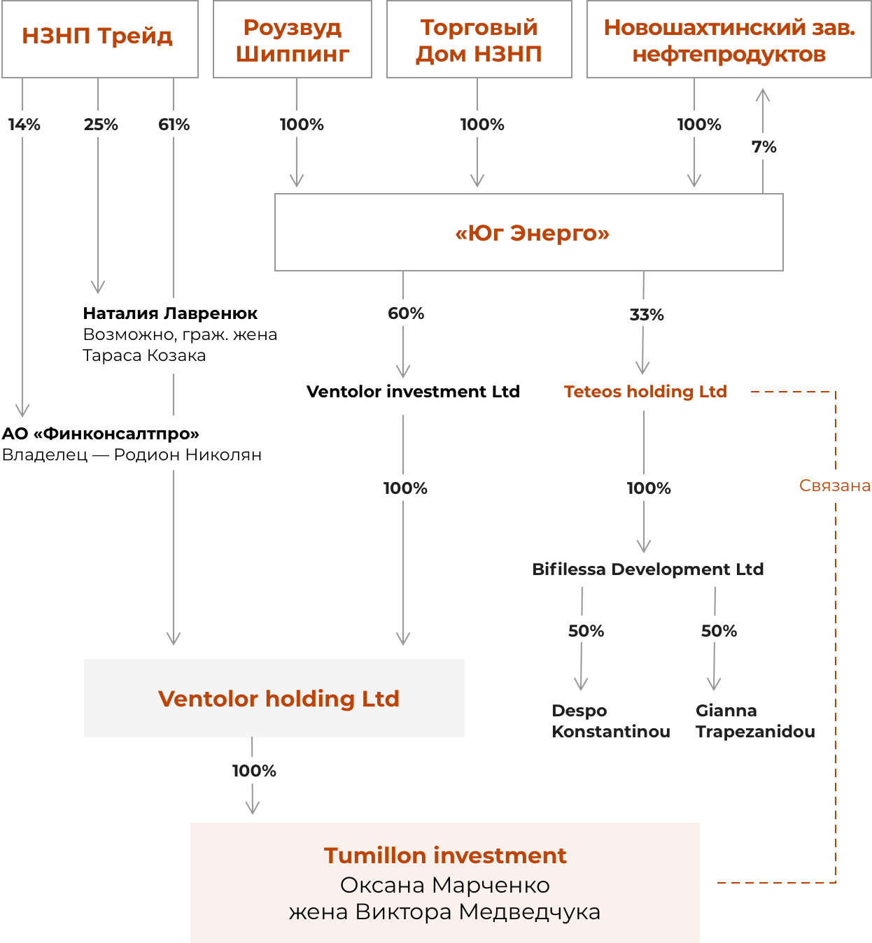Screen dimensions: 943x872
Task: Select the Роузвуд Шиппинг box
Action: [x=292, y=39]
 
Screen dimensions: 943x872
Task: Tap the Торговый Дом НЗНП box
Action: [x=479, y=39]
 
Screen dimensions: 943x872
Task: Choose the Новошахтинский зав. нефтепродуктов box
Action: [x=729, y=39]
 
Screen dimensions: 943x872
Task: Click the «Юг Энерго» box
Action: [x=528, y=232]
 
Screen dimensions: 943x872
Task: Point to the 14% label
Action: [x=24, y=125]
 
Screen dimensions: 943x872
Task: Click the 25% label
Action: [x=101, y=125]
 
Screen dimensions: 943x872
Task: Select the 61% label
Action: [x=174, y=125]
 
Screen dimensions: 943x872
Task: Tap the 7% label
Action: [x=764, y=147]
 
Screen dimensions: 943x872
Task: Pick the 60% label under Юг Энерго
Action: [x=406, y=313]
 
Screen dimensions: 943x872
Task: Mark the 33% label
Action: [x=647, y=315]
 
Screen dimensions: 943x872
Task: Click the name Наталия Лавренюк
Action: [x=170, y=313]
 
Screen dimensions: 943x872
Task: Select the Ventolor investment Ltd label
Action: [x=413, y=392]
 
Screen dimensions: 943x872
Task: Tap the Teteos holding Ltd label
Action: [x=645, y=392]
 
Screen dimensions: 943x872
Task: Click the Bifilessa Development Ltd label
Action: [x=647, y=569]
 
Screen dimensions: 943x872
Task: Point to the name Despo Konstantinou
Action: [x=610, y=721]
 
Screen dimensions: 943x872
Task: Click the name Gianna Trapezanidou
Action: [x=755, y=721]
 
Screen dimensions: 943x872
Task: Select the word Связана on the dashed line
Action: [x=835, y=485]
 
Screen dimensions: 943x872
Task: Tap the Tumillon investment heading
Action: [x=445, y=856]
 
